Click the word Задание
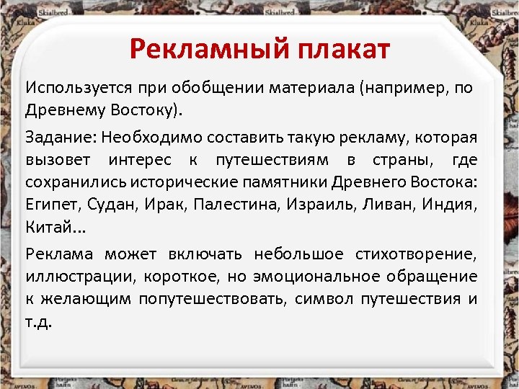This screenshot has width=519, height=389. click(61, 135)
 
